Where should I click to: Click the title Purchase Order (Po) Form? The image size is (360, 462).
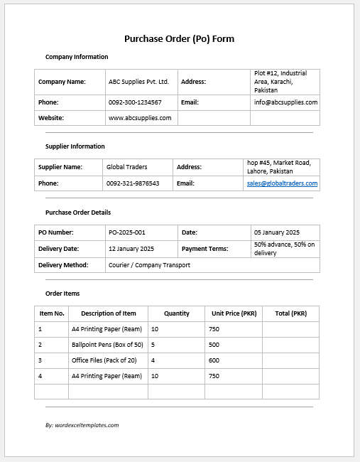pos(179,38)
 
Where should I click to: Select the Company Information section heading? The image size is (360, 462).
pos(77,57)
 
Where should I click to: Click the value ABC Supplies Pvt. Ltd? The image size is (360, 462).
pos(138,82)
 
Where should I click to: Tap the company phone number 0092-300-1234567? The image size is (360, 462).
pos(135,102)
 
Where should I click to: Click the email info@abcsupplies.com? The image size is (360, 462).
pos(285,102)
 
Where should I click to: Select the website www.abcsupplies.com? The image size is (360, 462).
pos(140,118)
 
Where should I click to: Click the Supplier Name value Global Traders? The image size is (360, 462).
pos(126,167)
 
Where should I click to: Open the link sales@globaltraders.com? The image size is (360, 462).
pos(282,183)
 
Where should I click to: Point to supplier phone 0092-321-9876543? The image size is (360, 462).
pos(133,183)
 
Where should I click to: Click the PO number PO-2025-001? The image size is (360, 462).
pos(126,232)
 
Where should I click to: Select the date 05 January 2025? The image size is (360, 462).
pos(277,232)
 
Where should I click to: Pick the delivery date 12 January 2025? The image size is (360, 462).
pos(131,249)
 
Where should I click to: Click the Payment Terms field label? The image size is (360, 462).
pos(204,249)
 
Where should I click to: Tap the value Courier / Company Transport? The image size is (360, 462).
pos(149,265)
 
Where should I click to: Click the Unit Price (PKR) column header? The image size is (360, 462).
pos(234,313)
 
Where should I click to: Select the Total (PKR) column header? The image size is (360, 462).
pos(290,313)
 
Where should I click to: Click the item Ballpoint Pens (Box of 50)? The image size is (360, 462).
pos(107,345)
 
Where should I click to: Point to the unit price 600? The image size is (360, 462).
pos(214,360)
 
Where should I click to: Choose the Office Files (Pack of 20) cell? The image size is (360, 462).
pos(107,360)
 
